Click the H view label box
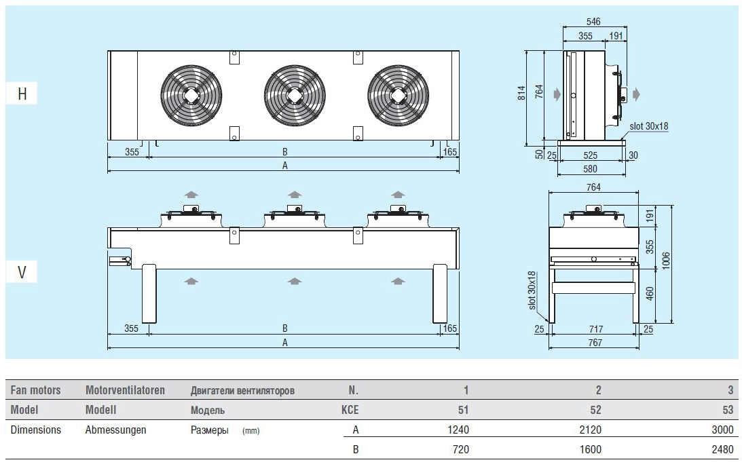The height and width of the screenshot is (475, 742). [22, 94]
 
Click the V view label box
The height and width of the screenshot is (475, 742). [22, 273]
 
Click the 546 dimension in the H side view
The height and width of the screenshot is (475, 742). [594, 21]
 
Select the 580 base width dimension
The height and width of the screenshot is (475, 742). [591, 168]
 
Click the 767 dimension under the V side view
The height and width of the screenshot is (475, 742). [595, 343]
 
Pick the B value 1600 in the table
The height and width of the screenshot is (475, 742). [590, 449]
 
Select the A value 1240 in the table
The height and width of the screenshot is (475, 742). [458, 430]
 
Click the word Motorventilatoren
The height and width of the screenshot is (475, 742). [125, 390]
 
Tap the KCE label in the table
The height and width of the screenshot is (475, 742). [350, 410]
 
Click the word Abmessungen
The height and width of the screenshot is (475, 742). [115, 430]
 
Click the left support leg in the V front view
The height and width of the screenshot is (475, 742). [149, 293]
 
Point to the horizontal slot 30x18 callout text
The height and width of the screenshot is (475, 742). [649, 126]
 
